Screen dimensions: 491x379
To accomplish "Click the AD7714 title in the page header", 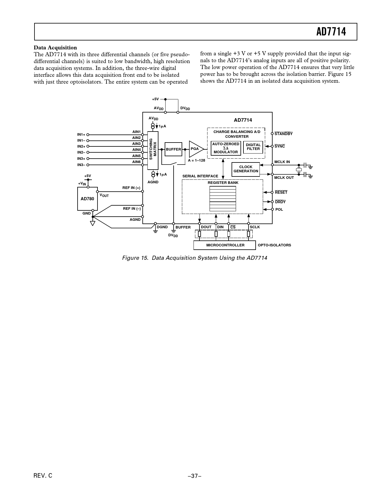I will (x=331, y=32).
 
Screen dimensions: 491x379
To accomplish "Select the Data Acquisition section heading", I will (x=55, y=48).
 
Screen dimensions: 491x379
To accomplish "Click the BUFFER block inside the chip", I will (x=173, y=149).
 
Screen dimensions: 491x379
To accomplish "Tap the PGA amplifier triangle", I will (x=195, y=149).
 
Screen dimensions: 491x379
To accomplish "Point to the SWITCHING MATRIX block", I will (x=153, y=149).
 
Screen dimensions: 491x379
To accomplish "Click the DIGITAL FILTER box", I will (x=253, y=147).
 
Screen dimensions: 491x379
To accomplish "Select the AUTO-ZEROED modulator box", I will (x=226, y=148).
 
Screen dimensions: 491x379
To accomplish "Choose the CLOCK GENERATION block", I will (x=246, y=169).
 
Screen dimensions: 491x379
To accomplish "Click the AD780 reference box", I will (x=87, y=198).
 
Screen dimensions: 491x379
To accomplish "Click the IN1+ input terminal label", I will (x=81, y=135).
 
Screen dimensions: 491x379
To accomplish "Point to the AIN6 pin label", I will (x=136, y=162).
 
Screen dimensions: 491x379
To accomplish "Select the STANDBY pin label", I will (x=283, y=134).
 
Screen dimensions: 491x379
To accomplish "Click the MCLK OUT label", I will (x=284, y=178).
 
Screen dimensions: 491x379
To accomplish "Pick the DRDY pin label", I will (x=280, y=202).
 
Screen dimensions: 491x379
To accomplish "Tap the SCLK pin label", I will (x=255, y=227).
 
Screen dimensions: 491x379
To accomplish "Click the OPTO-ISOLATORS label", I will (x=274, y=245).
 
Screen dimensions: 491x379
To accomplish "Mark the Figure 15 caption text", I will (x=195, y=258).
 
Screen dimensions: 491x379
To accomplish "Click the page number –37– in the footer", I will (x=195, y=476).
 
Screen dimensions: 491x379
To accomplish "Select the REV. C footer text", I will (x=43, y=476).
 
